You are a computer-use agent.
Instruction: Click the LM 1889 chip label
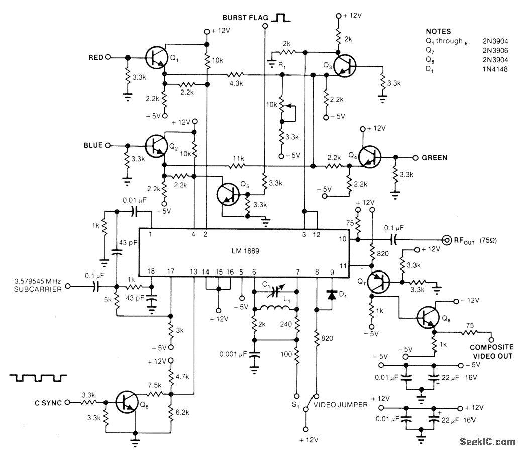pyautogui.click(x=245, y=251)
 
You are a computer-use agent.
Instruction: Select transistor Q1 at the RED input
pyautogui.click(x=156, y=57)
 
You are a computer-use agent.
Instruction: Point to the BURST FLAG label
pyautogui.click(x=245, y=18)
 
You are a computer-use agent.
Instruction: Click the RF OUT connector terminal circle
pyautogui.click(x=446, y=239)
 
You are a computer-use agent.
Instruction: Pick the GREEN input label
pyautogui.click(x=435, y=158)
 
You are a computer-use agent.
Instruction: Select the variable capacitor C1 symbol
pyautogui.click(x=275, y=292)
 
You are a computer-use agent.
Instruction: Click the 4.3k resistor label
pyautogui.click(x=236, y=83)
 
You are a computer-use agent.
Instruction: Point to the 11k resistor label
pyautogui.click(x=239, y=159)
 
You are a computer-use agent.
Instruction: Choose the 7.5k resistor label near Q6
pyautogui.click(x=155, y=385)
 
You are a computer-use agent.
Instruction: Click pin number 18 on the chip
pyautogui.click(x=151, y=271)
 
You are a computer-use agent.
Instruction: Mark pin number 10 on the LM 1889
pyautogui.click(x=343, y=239)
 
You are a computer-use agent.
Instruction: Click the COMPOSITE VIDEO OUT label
pyautogui.click(x=492, y=352)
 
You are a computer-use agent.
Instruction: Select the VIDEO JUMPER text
pyautogui.click(x=341, y=405)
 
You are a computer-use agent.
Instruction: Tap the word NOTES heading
pyautogui.click(x=438, y=31)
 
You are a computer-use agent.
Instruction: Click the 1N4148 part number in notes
pyautogui.click(x=495, y=69)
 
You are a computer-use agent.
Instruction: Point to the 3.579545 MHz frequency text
pyautogui.click(x=38, y=281)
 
